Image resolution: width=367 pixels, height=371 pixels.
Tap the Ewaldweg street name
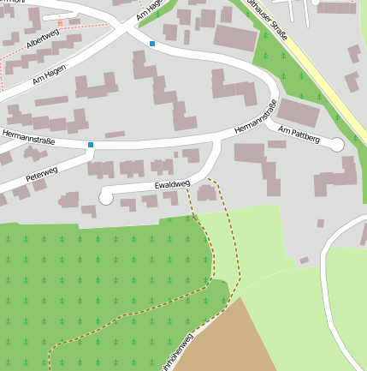point(172,184)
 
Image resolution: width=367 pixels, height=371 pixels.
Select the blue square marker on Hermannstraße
point(90,145)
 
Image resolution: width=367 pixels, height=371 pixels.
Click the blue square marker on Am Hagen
point(152,43)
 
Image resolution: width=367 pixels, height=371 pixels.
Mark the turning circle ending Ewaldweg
point(106,198)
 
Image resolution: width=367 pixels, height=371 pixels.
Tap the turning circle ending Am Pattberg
point(337,145)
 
